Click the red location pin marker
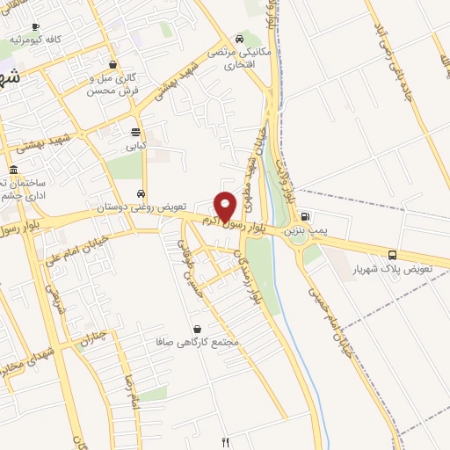pos(225,207)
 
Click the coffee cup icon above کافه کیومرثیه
pos(34,27)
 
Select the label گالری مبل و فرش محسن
pos(115,83)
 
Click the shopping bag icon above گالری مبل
pos(112,64)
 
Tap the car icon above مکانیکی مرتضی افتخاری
pos(239,40)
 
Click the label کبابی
pos(135,147)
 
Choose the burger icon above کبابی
pos(135,133)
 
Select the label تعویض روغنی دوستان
pos(142,207)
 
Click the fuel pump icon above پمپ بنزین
pos(304,216)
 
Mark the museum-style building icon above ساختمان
pos(13,171)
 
